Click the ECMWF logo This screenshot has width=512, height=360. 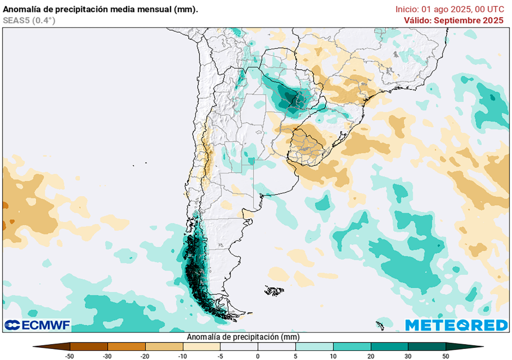pos(37,325)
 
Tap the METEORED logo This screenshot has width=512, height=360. pos(456,325)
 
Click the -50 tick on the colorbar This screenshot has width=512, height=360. pos(70,356)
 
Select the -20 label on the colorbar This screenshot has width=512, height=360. pos(145,356)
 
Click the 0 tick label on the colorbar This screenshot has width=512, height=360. pos(258,356)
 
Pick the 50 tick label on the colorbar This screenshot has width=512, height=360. pos(445,356)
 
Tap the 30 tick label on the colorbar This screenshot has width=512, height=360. pos(408,356)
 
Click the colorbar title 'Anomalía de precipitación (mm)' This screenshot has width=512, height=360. pos(243,336)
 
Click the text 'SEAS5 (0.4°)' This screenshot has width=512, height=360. pos(29,20)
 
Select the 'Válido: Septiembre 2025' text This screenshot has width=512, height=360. pos(453,20)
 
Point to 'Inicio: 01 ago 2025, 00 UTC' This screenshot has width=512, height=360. pos(449,9)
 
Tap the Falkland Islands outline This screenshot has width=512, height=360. pos(274,290)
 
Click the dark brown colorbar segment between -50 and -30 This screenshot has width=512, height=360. pos(89,346)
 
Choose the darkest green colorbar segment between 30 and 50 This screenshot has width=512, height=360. pos(426,346)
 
